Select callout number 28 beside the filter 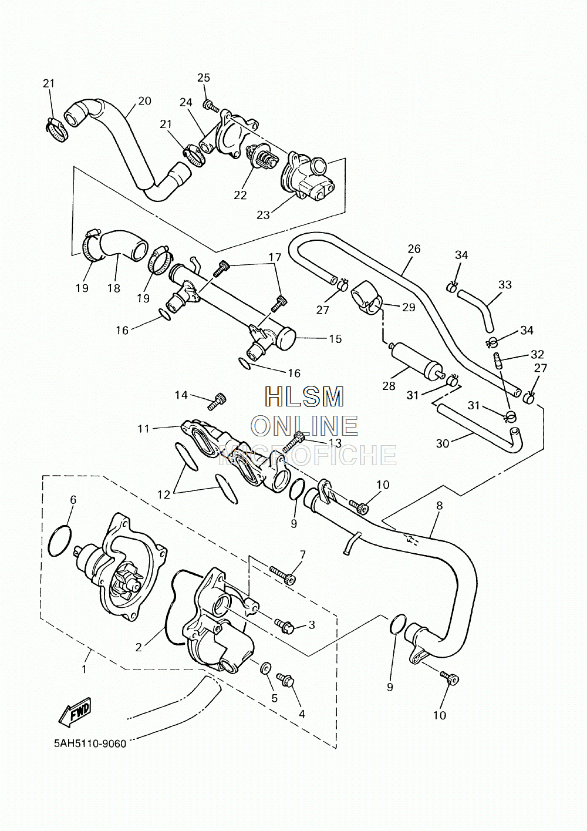(389, 386)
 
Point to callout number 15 (335, 339)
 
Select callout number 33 (505, 285)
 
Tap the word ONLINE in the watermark (305, 425)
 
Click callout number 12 (164, 494)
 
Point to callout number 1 (84, 669)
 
